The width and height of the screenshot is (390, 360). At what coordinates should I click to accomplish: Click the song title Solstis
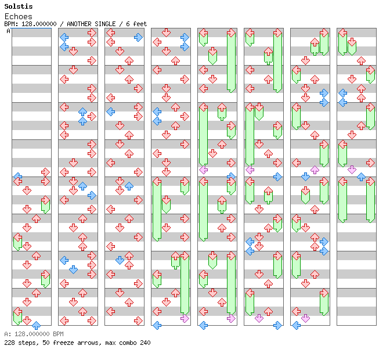pyautogui.click(x=18, y=6)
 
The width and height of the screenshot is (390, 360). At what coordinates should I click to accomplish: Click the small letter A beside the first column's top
pyautogui.click(x=9, y=31)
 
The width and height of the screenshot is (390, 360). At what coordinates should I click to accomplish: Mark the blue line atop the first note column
pyautogui.click(x=31, y=28)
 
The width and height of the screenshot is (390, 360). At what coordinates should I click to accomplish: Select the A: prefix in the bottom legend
pyautogui.click(x=7, y=334)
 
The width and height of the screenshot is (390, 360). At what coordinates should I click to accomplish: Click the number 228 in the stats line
pyautogui.click(x=9, y=343)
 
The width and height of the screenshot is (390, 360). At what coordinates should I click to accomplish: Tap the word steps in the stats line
pyautogui.click(x=27, y=343)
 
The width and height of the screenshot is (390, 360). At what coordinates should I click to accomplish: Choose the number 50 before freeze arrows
pyautogui.click(x=44, y=343)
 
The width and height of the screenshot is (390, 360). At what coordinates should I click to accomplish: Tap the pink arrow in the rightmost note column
pyautogui.click(x=352, y=170)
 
